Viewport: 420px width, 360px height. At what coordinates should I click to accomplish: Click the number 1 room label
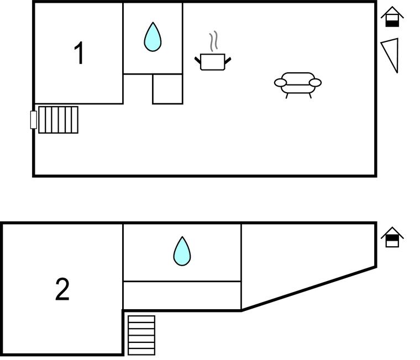[x=80, y=54]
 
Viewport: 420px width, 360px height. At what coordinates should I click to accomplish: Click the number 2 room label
[x=62, y=289]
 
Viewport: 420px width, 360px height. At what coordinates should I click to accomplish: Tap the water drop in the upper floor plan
[x=153, y=38]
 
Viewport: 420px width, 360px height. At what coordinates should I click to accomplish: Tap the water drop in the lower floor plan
[x=182, y=251]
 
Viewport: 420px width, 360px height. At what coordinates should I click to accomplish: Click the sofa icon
[x=298, y=83]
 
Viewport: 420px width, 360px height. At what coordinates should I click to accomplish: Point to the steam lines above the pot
[x=213, y=41]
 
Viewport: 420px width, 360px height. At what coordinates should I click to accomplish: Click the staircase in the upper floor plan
[x=58, y=120]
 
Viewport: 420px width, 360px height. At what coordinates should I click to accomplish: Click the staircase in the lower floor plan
[x=141, y=335]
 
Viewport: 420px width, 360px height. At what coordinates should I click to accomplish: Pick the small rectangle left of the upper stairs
[x=34, y=120]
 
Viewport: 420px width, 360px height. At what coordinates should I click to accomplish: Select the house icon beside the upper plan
[x=392, y=17]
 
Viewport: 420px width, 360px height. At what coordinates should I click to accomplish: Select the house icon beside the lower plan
[x=392, y=237]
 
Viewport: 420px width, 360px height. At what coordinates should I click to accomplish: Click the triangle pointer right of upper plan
[x=392, y=54]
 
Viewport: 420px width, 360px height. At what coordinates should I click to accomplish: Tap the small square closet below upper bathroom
[x=167, y=89]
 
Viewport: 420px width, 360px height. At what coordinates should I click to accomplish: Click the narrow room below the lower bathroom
[x=182, y=295]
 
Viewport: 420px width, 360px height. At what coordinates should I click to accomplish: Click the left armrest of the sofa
[x=281, y=83]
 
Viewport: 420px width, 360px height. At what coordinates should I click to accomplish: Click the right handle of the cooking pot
[x=228, y=59]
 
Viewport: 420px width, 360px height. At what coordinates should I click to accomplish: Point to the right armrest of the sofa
[x=315, y=83]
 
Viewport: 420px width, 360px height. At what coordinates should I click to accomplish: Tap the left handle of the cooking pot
[x=198, y=59]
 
